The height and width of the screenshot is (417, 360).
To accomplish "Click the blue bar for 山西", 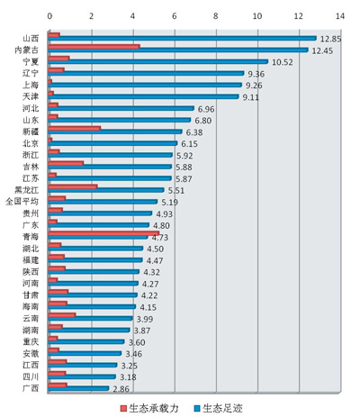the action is [183, 39].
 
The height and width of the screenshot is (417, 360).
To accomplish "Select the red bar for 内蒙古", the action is [94, 47].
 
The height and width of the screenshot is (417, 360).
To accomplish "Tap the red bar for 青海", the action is [103, 233].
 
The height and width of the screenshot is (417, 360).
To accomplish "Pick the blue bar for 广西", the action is [78, 388].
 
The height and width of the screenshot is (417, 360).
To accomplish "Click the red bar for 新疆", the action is [75, 128].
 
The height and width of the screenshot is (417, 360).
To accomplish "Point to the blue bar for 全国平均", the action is [103, 202].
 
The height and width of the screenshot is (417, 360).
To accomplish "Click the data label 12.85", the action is [330, 39].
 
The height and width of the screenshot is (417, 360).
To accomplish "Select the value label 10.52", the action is [282, 62].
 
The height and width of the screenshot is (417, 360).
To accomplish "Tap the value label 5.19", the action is [169, 203].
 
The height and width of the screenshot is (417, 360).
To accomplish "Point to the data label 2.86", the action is [121, 389].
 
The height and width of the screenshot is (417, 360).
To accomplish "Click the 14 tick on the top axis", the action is [340, 16].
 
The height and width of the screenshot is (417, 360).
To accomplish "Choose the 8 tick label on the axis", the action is [216, 16].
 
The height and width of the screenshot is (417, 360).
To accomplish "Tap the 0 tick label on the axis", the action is [49, 16].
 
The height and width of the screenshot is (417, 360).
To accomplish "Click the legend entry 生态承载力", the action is [149, 408].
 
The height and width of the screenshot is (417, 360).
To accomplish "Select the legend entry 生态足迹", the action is [218, 408].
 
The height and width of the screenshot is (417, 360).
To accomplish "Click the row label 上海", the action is [31, 85].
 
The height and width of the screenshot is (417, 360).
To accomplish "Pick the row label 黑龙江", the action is [27, 190].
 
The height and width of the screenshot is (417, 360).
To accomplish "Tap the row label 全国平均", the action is [22, 202].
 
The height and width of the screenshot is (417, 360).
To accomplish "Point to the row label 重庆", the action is [31, 341].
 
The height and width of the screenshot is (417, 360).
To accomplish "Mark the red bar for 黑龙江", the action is [73, 186].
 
